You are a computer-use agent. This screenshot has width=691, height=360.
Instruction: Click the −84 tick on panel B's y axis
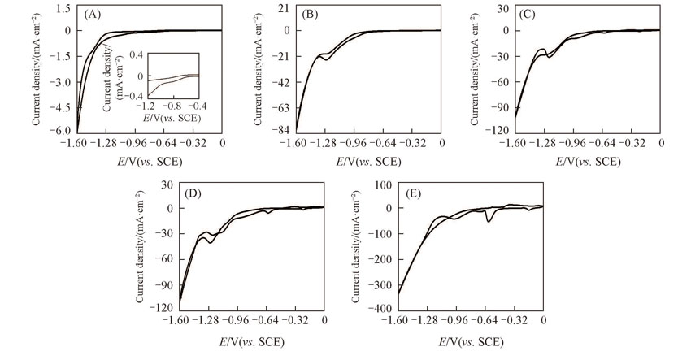[x=280, y=131]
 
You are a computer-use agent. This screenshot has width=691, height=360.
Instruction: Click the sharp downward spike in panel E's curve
[x=489, y=220]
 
